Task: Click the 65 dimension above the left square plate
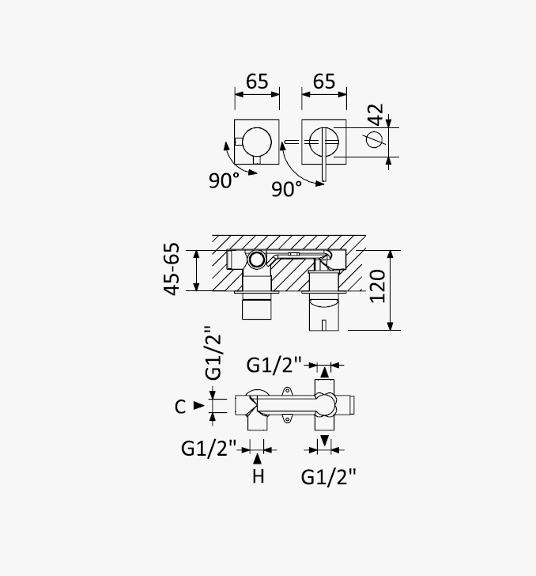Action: click(257, 81)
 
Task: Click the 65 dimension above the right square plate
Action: click(324, 81)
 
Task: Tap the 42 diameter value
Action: click(376, 114)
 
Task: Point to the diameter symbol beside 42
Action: click(375, 139)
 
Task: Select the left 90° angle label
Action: click(224, 180)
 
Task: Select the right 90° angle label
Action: click(287, 189)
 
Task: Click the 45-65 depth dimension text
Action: click(172, 269)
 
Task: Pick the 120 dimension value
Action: click(377, 286)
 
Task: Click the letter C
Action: click(180, 407)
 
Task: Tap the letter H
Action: click(258, 476)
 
